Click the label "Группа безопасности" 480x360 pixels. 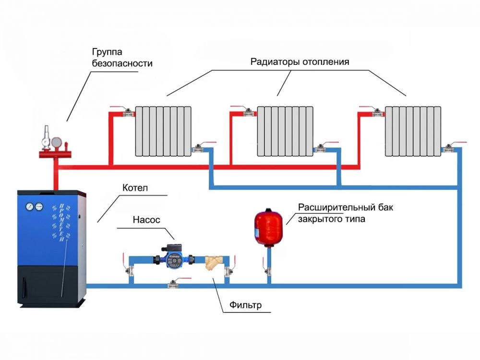(122, 57)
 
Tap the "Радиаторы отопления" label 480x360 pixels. (300, 62)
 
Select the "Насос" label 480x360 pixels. (146, 220)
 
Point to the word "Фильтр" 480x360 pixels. (245, 305)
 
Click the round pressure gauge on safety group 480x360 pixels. (57, 142)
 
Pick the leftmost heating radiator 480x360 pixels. (163, 131)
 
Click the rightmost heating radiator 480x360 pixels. (413, 131)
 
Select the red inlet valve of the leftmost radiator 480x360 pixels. (128, 113)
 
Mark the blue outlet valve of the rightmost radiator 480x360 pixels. (451, 149)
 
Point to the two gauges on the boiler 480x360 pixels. (34, 205)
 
